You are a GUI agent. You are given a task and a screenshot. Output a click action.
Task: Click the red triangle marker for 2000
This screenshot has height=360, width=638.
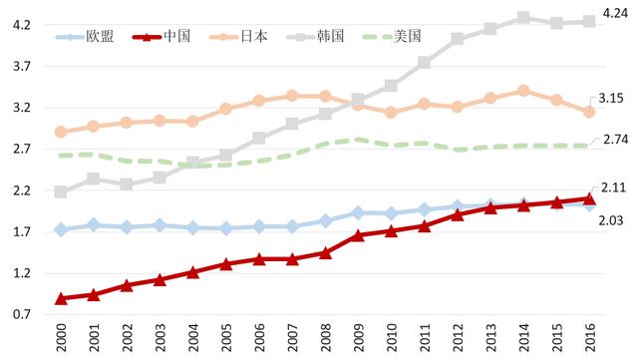coord(61,298)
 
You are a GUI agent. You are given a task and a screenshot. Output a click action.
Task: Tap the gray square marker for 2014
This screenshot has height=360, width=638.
coord(523,18)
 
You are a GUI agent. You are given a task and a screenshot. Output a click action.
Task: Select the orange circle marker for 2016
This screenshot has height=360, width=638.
coord(589,112)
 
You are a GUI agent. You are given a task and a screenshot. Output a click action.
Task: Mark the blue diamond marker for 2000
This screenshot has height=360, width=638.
coord(61,229)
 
